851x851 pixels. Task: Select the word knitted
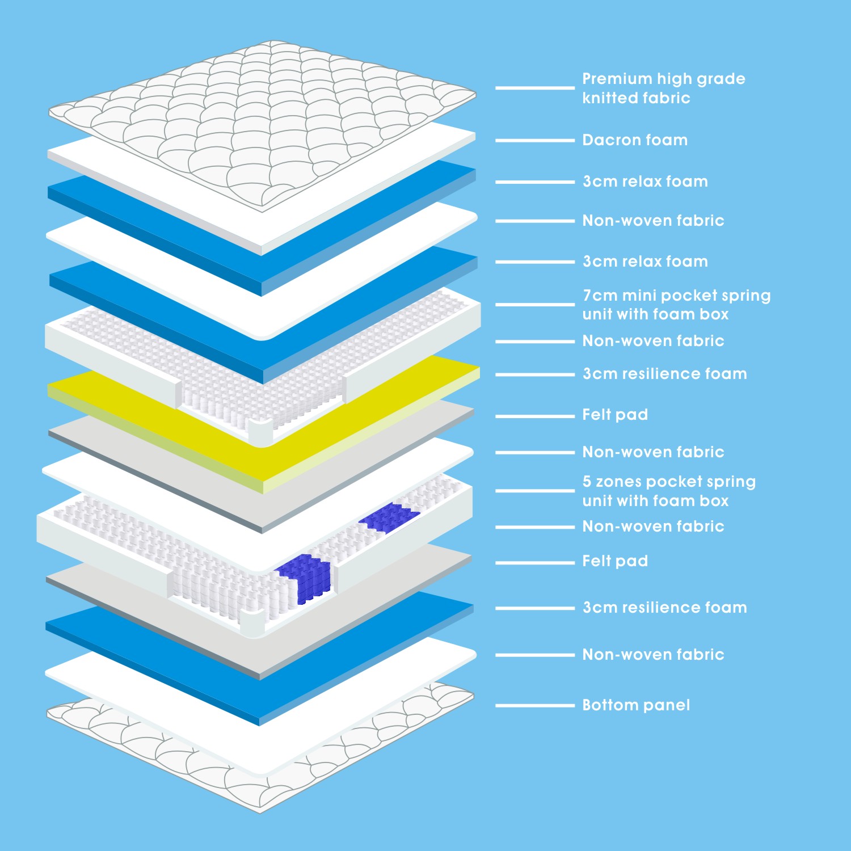(610, 98)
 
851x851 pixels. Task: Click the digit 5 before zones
(587, 482)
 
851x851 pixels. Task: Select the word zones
(618, 482)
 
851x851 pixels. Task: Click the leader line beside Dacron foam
(535, 140)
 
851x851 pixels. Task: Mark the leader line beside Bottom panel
(535, 706)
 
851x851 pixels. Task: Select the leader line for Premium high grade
(535, 88)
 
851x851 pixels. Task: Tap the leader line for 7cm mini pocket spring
(535, 305)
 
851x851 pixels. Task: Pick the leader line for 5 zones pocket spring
(535, 491)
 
